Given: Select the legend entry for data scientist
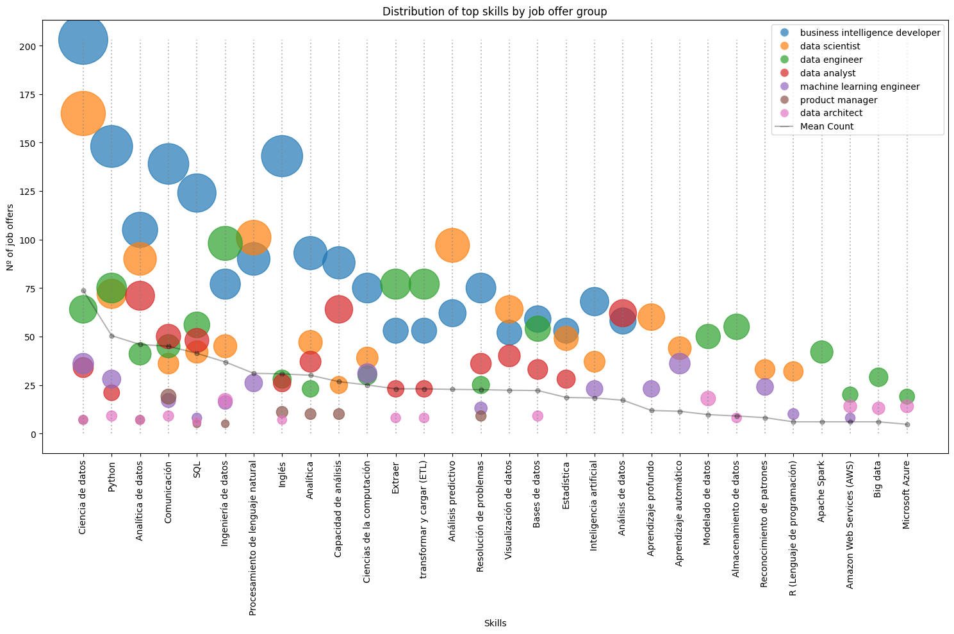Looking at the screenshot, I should pyautogui.click(x=830, y=46).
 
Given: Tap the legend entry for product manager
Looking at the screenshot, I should pyautogui.click(x=839, y=100).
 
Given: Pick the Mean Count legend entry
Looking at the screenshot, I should pyautogui.click(x=827, y=126).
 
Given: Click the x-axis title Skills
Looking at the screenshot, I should pyautogui.click(x=495, y=623).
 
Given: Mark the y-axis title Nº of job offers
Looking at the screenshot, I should pyautogui.click(x=11, y=238).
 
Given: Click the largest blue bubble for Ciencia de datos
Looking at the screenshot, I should pyautogui.click(x=83, y=40).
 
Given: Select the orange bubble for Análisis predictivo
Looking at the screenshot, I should pyautogui.click(x=452, y=246).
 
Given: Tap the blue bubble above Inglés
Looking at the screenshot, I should pyautogui.click(x=282, y=156).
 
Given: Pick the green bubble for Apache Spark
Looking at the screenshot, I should pyautogui.click(x=821, y=351).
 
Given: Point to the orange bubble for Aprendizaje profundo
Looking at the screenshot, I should pyautogui.click(x=651, y=317).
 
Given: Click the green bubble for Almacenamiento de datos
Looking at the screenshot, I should pyautogui.click(x=737, y=326).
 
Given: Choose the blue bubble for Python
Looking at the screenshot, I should pyautogui.click(x=111, y=146).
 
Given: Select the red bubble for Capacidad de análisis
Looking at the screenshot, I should pyautogui.click(x=339, y=309).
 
